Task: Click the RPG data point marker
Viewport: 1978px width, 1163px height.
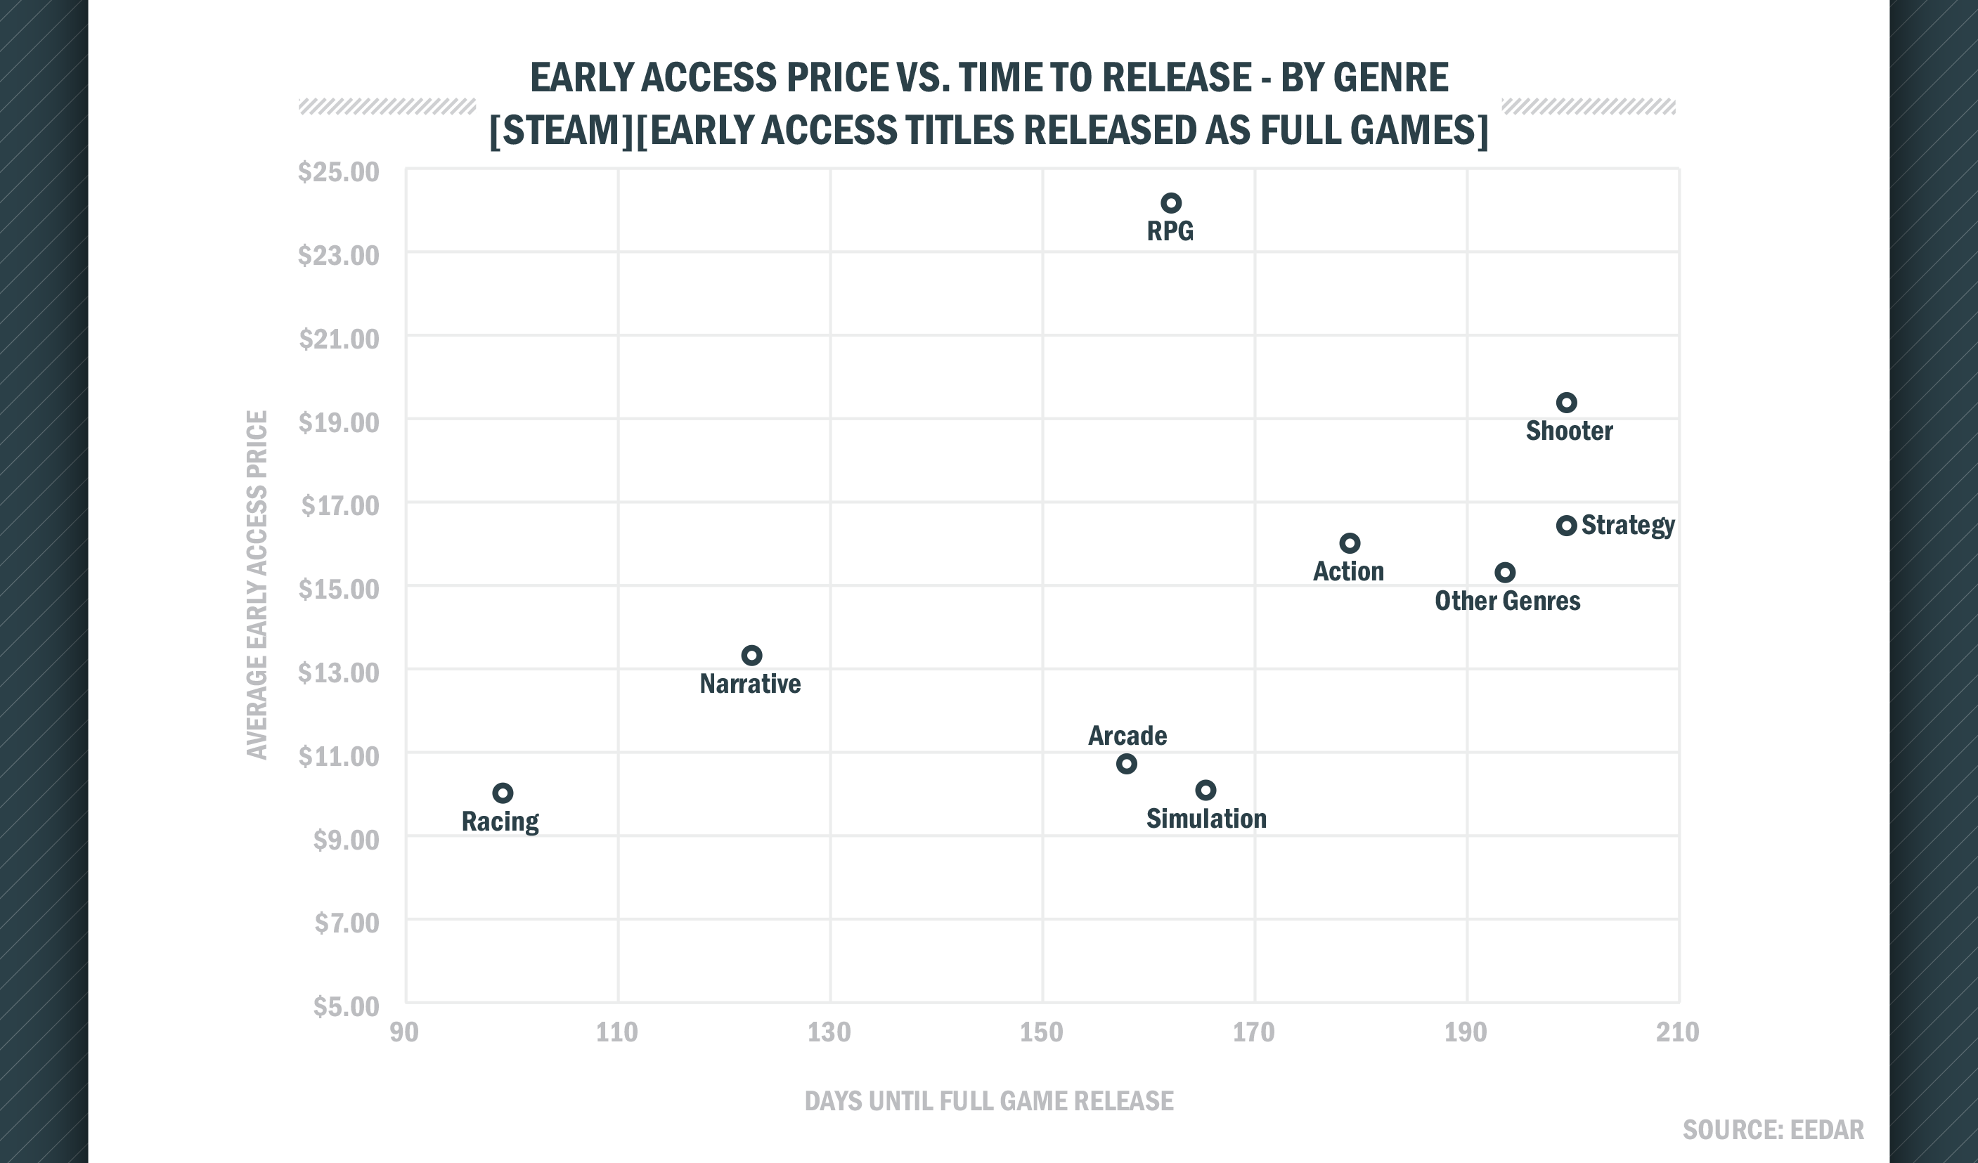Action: point(1170,203)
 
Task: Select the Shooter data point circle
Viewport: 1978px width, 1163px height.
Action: point(1566,403)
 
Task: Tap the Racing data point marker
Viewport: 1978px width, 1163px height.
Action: point(503,793)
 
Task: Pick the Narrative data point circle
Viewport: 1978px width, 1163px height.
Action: point(751,655)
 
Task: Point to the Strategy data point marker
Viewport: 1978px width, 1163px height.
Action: point(1566,526)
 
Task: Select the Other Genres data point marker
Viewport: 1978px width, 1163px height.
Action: point(1505,572)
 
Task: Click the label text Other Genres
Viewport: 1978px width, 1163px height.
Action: point(1507,601)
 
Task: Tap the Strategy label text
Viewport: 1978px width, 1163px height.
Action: point(1627,525)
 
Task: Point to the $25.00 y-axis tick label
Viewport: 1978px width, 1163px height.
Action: point(338,172)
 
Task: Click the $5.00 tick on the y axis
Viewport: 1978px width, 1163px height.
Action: point(345,1006)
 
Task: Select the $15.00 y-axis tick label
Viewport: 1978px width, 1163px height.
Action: point(338,590)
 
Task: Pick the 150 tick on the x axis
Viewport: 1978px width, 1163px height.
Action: point(1041,1032)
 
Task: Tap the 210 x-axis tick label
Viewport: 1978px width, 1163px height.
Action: point(1677,1032)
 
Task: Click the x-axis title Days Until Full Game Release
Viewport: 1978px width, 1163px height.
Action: point(989,1101)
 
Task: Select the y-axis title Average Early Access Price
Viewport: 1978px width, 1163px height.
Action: point(257,585)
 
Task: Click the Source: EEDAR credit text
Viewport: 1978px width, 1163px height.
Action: point(1772,1130)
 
